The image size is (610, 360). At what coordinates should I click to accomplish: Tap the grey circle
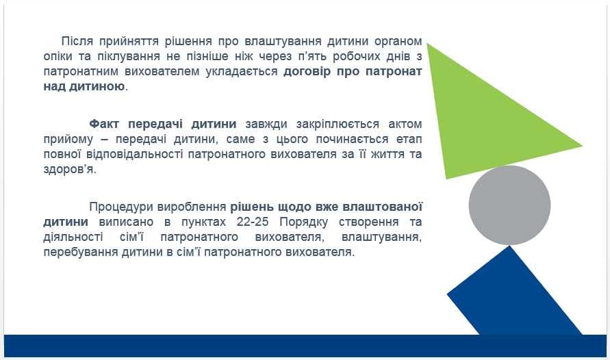click(x=509, y=205)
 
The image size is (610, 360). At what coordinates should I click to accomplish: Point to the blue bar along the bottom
click(x=305, y=346)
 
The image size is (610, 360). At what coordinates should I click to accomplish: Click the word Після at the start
click(x=78, y=41)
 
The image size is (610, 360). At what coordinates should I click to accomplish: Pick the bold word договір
click(x=307, y=72)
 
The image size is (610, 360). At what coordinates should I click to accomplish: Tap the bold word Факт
click(x=104, y=124)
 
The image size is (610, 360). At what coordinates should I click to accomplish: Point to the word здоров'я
click(x=70, y=170)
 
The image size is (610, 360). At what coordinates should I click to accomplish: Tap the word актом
click(x=405, y=125)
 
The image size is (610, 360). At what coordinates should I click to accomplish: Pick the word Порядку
click(x=303, y=222)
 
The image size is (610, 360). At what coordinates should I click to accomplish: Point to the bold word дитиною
click(x=97, y=86)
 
